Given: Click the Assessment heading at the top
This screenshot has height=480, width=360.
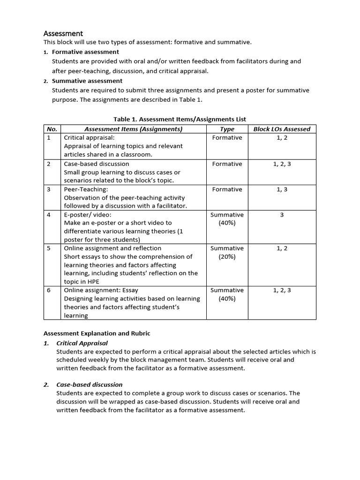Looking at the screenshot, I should coord(63,34).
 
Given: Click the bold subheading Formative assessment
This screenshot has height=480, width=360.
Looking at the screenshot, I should coord(85,52).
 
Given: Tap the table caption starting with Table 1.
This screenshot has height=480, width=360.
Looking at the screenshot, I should coord(180,120).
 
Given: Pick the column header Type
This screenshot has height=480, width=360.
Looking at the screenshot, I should coord(227,129).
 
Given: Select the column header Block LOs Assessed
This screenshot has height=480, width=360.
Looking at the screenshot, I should coord(282,129).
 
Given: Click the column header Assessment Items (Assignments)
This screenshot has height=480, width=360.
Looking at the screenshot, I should coord(133,129).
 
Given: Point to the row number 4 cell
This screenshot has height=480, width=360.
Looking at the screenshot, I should coord(48,215).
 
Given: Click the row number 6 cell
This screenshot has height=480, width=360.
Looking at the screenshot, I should coord(48,290).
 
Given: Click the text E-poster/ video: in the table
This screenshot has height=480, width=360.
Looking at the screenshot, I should coord(88,215).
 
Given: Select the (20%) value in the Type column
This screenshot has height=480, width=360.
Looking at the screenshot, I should coord(227,257).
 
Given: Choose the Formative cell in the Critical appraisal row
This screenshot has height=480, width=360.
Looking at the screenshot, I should coord(227,138).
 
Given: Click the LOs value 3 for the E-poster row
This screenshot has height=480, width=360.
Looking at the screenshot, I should coord(282,215).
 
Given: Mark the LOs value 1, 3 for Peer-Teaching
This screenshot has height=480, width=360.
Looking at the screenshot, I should coord(282,189).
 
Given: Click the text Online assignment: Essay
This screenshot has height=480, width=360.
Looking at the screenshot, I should coord(101,290).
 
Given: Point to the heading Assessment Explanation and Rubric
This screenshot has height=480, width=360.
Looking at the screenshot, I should coord(97,333).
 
